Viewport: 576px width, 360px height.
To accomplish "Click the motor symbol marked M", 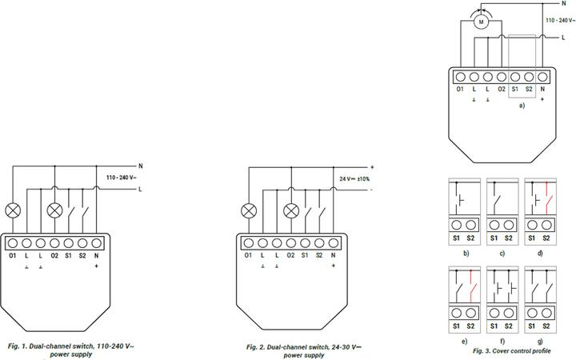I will [x=482, y=22].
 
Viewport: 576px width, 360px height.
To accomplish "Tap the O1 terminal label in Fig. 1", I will [x=13, y=254].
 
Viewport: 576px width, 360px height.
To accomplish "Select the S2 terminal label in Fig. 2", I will [x=319, y=254].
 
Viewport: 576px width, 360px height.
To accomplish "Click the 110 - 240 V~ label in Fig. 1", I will [x=122, y=177].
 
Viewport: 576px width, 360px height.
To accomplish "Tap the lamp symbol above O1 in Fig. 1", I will [x=13, y=211].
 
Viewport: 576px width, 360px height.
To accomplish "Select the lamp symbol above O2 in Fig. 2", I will [x=291, y=211].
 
